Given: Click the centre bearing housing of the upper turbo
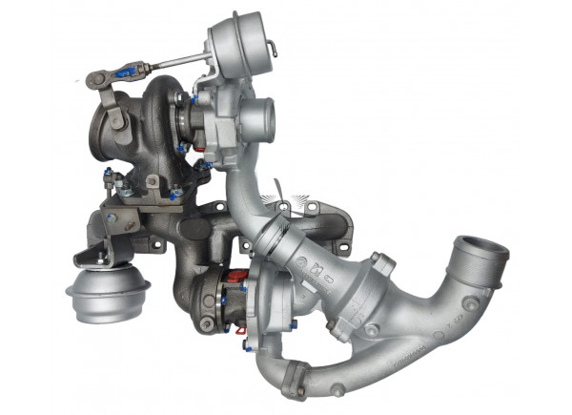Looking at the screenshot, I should coord(189,121).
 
